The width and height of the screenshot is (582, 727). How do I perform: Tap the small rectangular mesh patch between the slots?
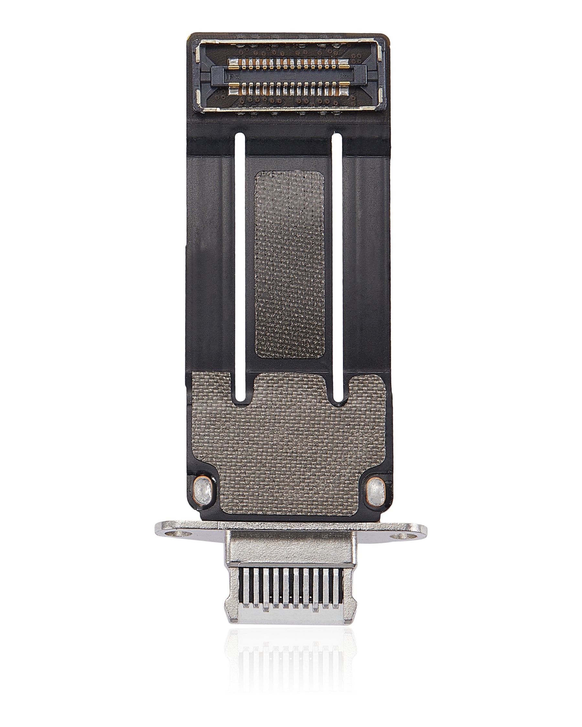pos(289,263)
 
